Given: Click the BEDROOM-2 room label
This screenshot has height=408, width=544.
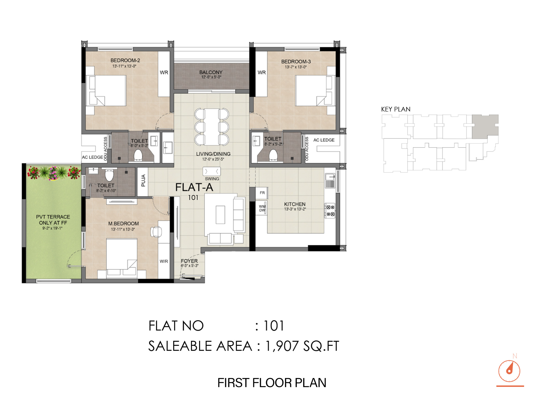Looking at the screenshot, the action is [x=125, y=60].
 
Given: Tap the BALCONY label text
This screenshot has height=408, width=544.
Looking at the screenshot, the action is [x=211, y=72].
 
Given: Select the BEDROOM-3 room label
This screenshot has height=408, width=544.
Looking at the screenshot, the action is [x=296, y=62].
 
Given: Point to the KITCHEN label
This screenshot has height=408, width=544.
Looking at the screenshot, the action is [x=295, y=204].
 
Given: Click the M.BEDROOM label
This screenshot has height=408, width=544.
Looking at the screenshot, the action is [x=123, y=224].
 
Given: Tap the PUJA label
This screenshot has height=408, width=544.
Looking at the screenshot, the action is [x=143, y=180].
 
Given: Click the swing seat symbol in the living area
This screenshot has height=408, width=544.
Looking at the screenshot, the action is [x=212, y=171].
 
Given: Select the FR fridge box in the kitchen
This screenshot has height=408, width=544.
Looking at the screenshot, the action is [x=262, y=193].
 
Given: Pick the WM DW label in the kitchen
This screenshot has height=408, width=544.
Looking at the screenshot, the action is [x=262, y=208].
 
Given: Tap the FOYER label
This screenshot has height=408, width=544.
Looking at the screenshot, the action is [x=189, y=261].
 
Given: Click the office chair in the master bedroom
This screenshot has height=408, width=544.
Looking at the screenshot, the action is [x=156, y=232].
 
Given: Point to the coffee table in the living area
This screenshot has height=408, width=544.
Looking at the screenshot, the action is [x=220, y=215].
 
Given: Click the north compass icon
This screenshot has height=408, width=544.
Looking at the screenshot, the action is [x=509, y=371].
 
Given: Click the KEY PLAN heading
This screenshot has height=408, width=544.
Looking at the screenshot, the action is [x=396, y=109].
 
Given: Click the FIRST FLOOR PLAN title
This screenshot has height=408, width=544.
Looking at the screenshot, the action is [x=272, y=383].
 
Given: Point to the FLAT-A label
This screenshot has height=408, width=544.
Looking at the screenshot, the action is [x=194, y=187].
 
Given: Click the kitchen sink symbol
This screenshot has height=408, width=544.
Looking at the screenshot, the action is [x=330, y=180].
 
